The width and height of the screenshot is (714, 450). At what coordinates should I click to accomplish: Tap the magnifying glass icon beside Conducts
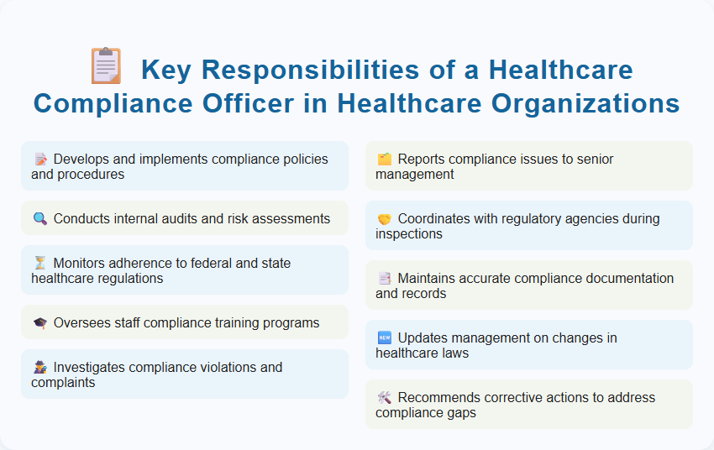click(x=39, y=218)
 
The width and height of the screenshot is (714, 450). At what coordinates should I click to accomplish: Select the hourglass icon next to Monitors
click(x=39, y=263)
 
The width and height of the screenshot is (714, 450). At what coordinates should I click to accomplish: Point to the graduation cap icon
click(x=39, y=322)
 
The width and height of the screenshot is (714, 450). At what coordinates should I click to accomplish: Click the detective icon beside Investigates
click(x=39, y=367)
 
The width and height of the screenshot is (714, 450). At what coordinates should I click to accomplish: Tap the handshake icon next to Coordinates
click(x=384, y=218)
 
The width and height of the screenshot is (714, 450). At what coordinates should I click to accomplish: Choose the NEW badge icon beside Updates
click(x=384, y=337)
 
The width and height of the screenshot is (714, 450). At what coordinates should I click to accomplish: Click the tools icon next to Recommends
click(x=384, y=397)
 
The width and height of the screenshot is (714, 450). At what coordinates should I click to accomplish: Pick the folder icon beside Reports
click(x=384, y=159)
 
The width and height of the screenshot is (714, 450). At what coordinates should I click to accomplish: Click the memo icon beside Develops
click(x=39, y=159)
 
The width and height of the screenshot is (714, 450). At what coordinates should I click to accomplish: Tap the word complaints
click(x=63, y=382)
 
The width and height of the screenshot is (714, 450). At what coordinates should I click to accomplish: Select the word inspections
click(x=409, y=233)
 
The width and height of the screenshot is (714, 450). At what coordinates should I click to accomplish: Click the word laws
click(x=453, y=353)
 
